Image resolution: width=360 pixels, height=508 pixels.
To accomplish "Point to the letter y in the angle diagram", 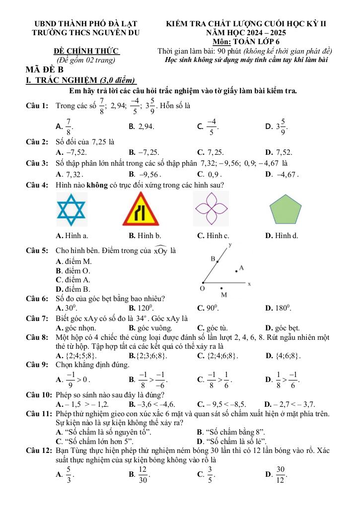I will click(230, 245).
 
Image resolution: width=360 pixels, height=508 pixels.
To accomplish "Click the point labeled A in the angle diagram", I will click(235, 271).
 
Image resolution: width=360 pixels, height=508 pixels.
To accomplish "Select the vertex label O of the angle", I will click(202, 288).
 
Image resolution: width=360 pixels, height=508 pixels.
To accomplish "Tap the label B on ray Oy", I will click(213, 259).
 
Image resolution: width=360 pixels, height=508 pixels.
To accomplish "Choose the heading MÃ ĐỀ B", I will click(46, 70).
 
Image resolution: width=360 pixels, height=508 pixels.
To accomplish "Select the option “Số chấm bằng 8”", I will click(231, 432).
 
